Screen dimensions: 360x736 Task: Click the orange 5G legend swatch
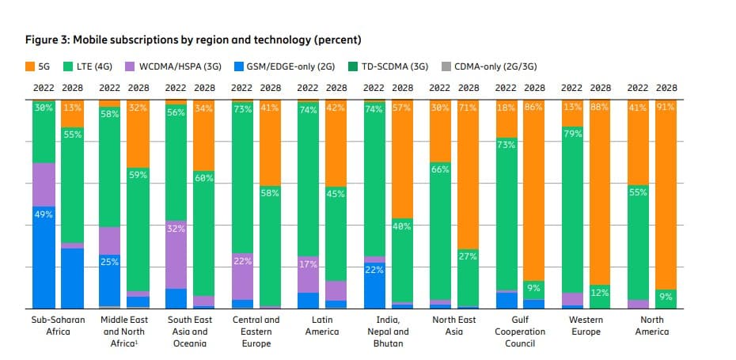pos(31,66)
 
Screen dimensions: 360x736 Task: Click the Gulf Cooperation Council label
pos(520,331)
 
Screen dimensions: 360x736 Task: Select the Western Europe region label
pos(586,325)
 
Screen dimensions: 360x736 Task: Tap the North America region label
pos(653,325)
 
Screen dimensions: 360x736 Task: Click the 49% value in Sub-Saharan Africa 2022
pos(44,213)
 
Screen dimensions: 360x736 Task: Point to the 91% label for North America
pos(665,106)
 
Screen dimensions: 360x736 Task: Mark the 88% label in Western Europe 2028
pos(599,106)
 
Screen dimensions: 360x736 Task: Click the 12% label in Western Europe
pos(599,293)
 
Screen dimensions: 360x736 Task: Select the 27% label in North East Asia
pos(467,256)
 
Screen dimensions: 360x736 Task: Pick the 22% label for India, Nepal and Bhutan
pos(374,269)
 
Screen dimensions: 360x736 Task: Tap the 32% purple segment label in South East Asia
pos(176,229)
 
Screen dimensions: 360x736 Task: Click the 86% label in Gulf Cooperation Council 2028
pos(533,106)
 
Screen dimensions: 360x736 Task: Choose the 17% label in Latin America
pos(308,264)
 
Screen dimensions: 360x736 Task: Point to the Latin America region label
pos(321,325)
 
